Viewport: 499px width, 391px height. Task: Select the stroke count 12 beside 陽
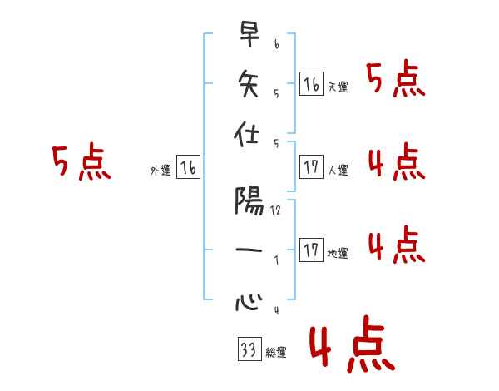point(275,210)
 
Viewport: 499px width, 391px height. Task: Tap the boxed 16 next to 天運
point(311,84)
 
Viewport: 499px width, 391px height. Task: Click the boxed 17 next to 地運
point(311,250)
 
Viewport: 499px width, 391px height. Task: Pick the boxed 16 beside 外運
point(188,168)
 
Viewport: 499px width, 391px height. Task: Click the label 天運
point(338,87)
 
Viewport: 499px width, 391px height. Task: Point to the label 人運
point(338,171)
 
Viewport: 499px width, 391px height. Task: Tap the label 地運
point(338,254)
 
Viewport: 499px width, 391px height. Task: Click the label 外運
point(161,171)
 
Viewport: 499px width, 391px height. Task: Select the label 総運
point(276,354)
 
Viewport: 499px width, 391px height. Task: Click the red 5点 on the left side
point(81,162)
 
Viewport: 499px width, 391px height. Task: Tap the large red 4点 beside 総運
point(350,346)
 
